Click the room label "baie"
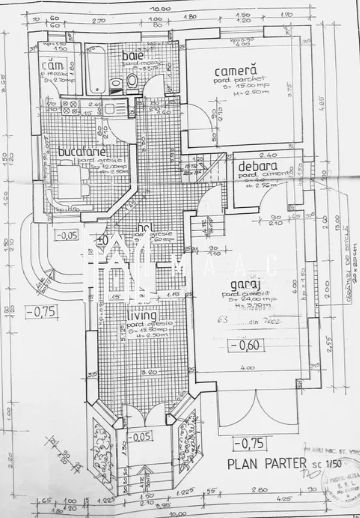tap(133, 56)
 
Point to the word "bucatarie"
tap(76, 150)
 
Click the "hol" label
tap(143, 227)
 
